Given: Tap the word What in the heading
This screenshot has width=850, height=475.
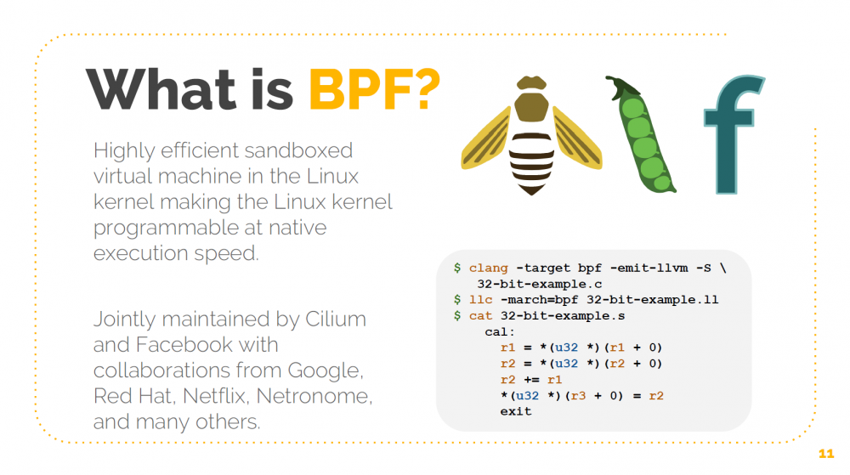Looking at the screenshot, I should (161, 87).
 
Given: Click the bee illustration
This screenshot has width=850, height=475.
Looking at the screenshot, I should (531, 136).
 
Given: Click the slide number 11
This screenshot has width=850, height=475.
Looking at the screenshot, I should (824, 452).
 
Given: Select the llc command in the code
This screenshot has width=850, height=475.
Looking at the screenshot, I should (479, 300).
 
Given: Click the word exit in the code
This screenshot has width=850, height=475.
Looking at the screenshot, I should (516, 411).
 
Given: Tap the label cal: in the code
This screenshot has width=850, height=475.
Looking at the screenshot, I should (500, 331).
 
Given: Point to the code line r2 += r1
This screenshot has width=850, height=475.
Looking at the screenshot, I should (531, 380).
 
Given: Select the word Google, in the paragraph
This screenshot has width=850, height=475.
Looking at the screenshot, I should (326, 370).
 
